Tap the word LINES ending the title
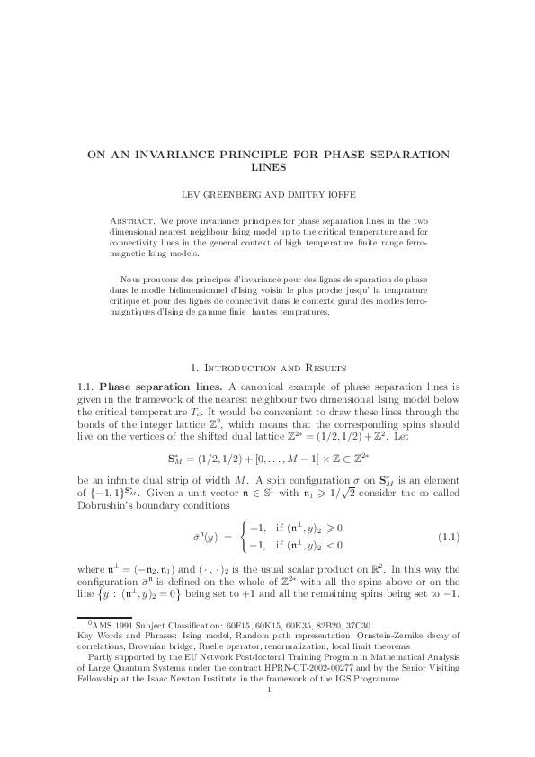click(x=267, y=167)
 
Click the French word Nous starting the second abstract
click(x=131, y=280)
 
